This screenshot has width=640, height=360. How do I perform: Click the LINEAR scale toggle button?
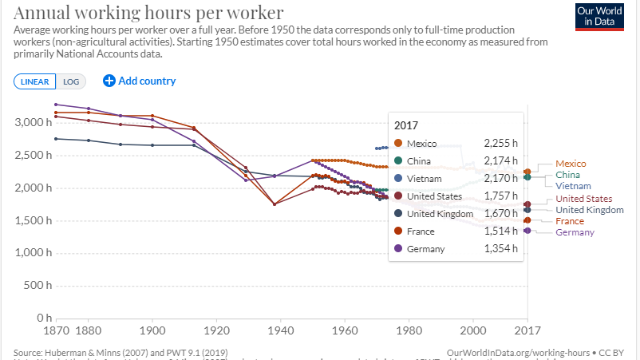click(34, 81)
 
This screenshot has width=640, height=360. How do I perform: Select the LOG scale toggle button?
click(72, 81)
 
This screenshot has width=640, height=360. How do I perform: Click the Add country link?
click(140, 81)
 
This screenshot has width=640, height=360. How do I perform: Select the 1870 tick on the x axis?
click(55, 329)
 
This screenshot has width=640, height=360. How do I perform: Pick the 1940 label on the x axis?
click(280, 329)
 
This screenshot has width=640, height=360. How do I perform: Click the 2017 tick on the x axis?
click(527, 329)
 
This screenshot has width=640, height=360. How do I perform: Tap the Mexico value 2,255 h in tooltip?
click(500, 144)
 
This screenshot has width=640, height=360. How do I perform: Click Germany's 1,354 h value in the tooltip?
click(500, 249)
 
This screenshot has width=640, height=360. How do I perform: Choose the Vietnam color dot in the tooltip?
click(397, 179)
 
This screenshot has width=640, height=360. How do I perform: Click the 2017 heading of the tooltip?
click(407, 125)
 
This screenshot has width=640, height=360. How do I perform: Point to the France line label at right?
click(569, 221)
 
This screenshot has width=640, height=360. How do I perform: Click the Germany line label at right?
click(575, 232)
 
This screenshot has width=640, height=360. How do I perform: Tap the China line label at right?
click(567, 175)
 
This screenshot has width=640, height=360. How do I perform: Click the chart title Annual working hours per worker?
click(148, 13)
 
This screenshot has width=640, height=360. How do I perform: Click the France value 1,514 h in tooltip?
click(500, 231)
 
